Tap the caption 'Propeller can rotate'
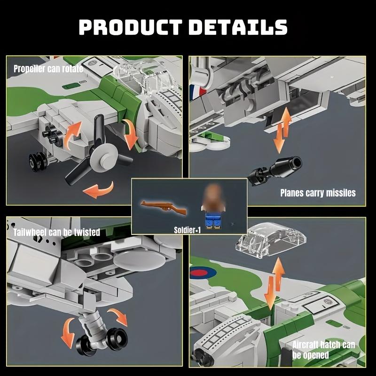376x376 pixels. [x=48, y=69]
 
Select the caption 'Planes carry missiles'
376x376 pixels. [x=318, y=192]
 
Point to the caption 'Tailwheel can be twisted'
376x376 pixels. [x=56, y=232]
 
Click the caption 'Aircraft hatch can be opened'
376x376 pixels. [x=323, y=350]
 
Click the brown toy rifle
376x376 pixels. [x=163, y=207]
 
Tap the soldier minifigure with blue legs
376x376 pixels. [x=213, y=207]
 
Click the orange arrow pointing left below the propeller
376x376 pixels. [x=98, y=190]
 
